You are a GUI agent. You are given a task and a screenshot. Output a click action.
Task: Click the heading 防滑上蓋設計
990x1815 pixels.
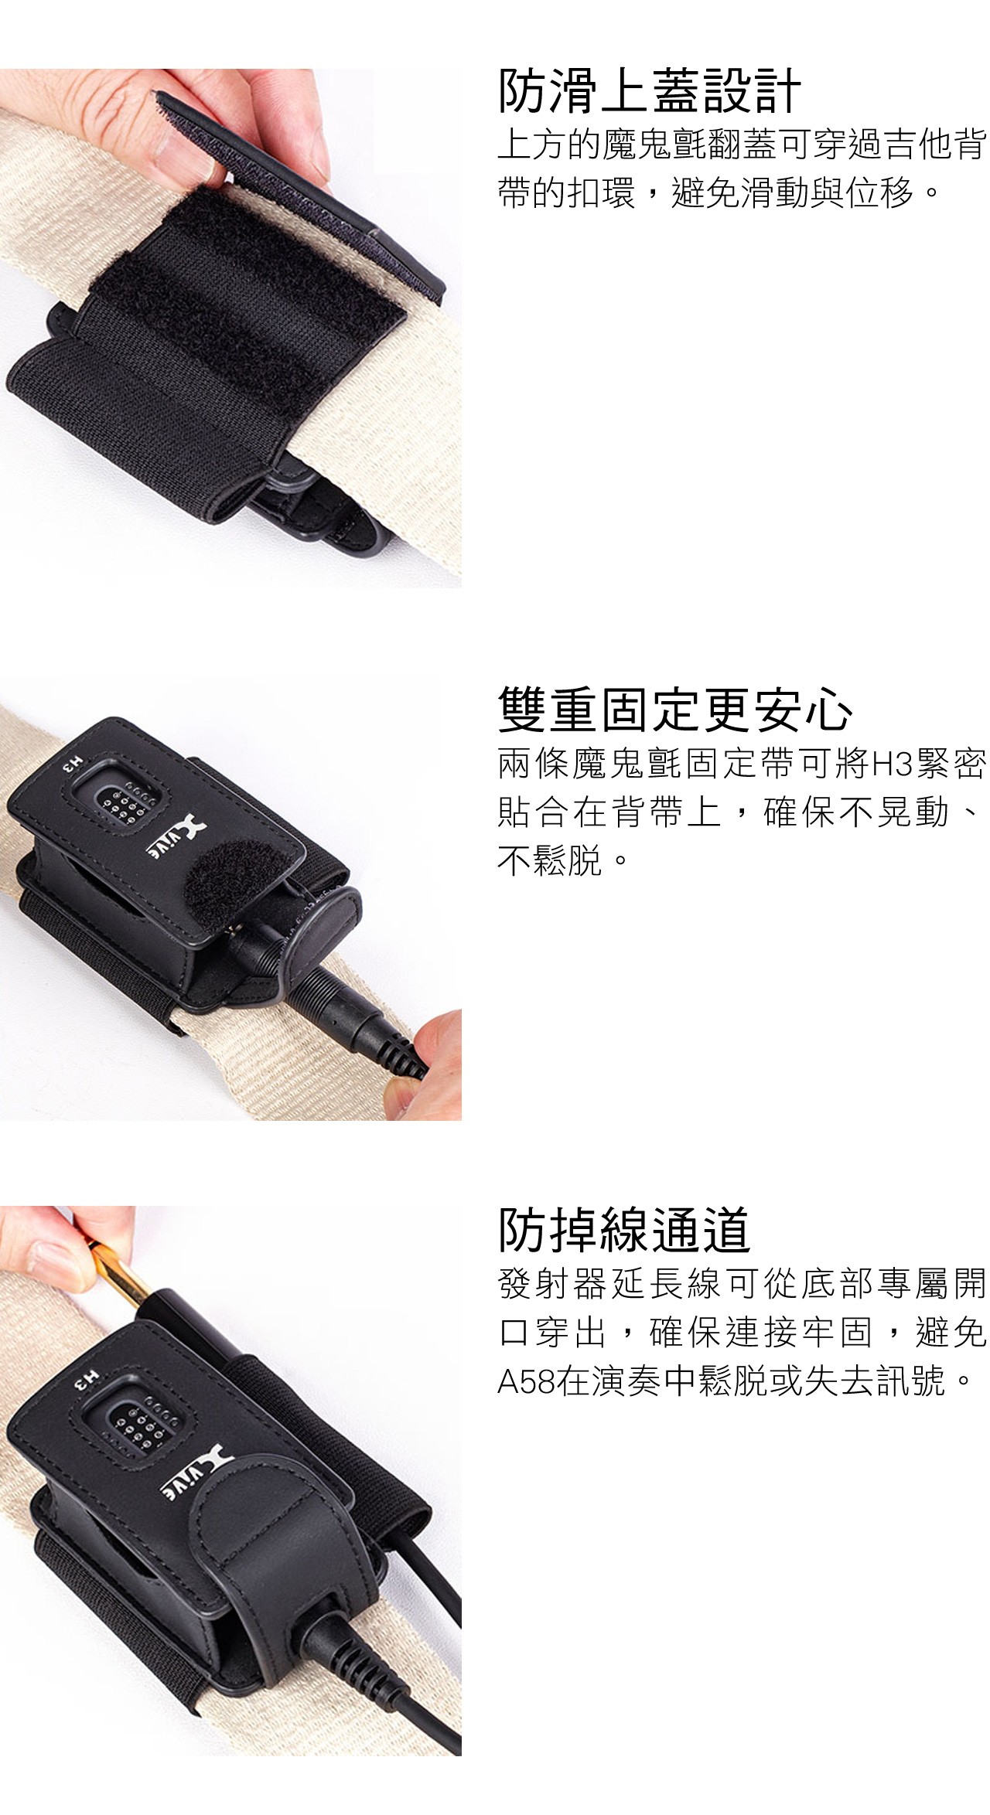[x=649, y=90]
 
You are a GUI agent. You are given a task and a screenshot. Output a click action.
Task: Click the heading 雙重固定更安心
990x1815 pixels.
[x=675, y=709]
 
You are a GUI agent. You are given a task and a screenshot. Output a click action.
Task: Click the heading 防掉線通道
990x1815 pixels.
[x=624, y=1229]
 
